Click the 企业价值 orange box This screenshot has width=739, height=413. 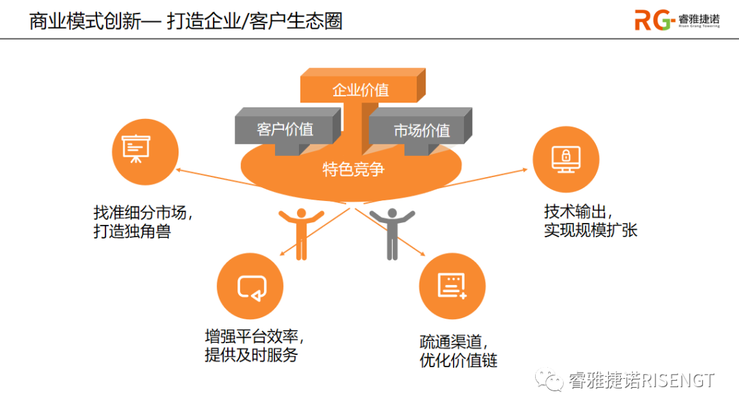pyautogui.click(x=360, y=90)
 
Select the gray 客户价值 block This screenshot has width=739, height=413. pyautogui.click(x=285, y=129)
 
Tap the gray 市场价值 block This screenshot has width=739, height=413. pyautogui.click(x=421, y=131)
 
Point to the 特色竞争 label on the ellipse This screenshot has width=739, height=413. pyautogui.click(x=353, y=169)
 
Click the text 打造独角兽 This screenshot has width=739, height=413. pyautogui.click(x=131, y=231)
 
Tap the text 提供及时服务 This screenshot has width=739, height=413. pyautogui.click(x=251, y=355)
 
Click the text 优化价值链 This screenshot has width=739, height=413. pyautogui.click(x=458, y=360)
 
